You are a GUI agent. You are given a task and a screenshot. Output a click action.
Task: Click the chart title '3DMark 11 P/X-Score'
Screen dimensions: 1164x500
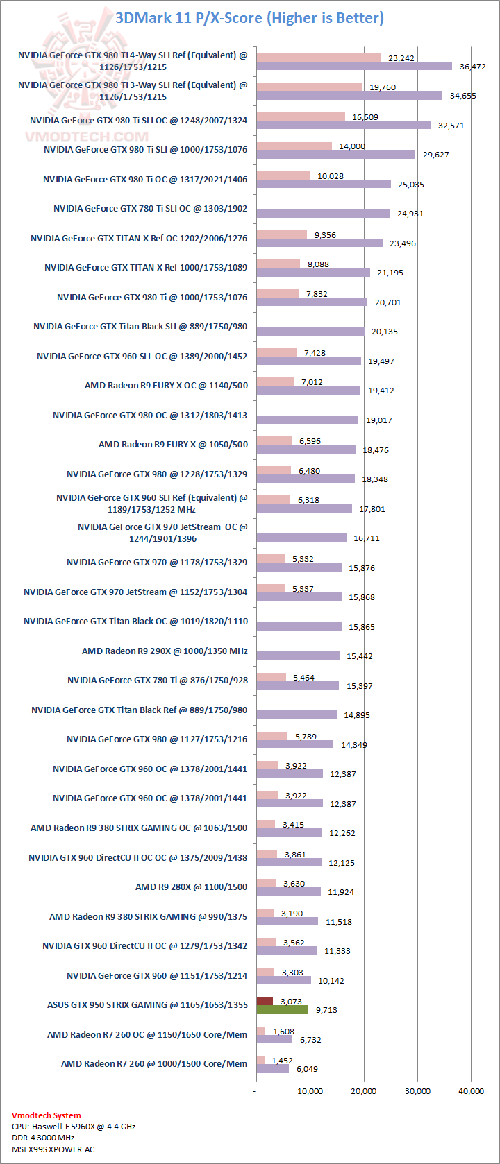249,17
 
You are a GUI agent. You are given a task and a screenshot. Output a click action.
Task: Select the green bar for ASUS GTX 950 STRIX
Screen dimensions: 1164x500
282,1009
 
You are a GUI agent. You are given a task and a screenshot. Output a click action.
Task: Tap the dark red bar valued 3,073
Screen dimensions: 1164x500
265,1000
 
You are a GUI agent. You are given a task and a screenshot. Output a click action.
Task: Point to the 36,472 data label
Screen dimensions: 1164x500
469,67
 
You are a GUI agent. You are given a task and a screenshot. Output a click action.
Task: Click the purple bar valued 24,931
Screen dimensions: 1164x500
323,214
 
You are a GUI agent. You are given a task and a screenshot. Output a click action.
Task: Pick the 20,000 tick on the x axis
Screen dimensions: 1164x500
363,1091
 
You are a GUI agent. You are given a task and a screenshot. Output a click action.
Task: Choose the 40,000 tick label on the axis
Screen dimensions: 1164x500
471,1091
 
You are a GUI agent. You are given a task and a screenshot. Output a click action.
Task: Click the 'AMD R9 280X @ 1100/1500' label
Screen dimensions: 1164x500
191,887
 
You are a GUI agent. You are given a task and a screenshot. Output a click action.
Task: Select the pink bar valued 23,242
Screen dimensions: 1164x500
319,58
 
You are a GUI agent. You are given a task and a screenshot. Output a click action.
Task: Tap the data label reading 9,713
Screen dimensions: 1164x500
326,1010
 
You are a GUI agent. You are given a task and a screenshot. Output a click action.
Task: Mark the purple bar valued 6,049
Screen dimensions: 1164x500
272,1069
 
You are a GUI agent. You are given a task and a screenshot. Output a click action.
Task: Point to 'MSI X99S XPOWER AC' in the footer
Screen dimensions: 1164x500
53,1149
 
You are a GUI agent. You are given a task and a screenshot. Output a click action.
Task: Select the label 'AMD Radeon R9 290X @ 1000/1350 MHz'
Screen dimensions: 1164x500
165,651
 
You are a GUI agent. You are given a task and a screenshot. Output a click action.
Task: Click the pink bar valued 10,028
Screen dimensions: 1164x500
283,176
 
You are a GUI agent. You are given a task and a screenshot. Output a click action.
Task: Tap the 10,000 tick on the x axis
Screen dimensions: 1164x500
310,1091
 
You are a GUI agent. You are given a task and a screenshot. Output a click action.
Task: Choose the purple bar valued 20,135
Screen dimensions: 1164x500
310,332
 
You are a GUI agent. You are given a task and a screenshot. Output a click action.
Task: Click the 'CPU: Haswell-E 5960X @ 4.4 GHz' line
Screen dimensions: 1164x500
74,1127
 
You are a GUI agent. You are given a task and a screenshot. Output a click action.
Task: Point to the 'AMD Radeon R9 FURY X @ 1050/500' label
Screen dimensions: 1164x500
173,445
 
